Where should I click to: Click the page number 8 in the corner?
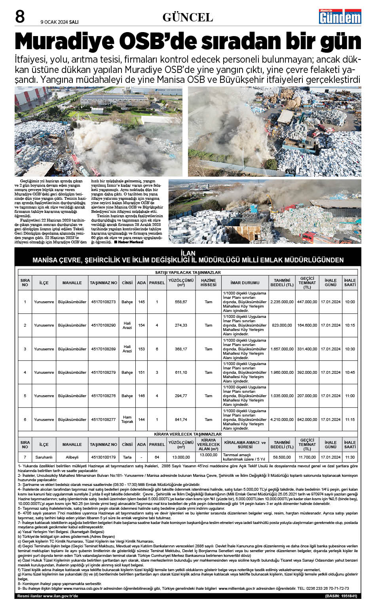pos(20,17)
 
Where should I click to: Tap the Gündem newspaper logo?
pos(340,17)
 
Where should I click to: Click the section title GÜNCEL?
pos(188,17)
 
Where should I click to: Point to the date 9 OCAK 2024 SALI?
pos(60,22)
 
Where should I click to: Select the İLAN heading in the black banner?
pos(188,253)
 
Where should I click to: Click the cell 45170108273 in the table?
pos(103,302)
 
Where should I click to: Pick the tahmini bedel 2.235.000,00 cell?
pos(282,302)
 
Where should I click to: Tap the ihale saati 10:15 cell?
pos(349,325)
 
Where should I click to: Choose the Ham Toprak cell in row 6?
pos(127,419)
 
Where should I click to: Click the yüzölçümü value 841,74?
pos(181,419)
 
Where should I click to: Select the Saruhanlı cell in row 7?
pos(44,457)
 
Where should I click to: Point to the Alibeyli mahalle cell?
pos(72,457)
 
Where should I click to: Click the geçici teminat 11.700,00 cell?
pos(307,457)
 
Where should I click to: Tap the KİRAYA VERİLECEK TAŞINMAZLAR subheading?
pos(188,434)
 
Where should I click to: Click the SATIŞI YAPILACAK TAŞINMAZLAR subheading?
pos(188,272)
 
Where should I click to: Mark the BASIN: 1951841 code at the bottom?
pos(341,596)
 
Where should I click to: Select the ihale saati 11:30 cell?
pos(349,457)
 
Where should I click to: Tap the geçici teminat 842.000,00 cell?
pos(307,419)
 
